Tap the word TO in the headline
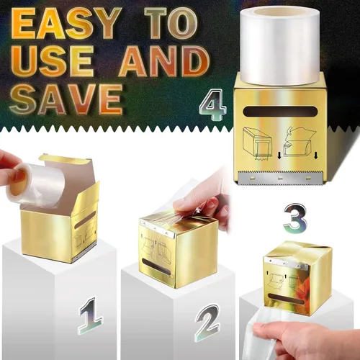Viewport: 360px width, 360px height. (171, 23)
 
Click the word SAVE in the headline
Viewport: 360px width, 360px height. (66, 99)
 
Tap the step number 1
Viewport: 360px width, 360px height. (91, 315)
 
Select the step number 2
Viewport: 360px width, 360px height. (207, 323)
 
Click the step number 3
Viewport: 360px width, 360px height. (295, 218)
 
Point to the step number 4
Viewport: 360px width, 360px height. (213, 104)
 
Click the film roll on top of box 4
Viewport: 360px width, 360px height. (280, 45)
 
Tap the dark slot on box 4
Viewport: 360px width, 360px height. (280, 112)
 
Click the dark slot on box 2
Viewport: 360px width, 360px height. (156, 267)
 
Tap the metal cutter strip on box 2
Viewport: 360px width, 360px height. (156, 228)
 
